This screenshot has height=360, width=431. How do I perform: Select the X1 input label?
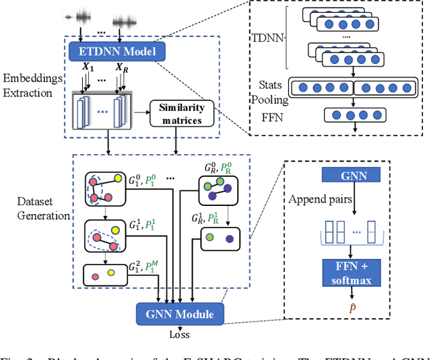[89, 69]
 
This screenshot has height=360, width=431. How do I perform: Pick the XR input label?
[121, 69]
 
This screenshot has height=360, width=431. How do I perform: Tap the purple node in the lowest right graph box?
[230, 238]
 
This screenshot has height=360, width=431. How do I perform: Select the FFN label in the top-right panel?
[269, 115]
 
